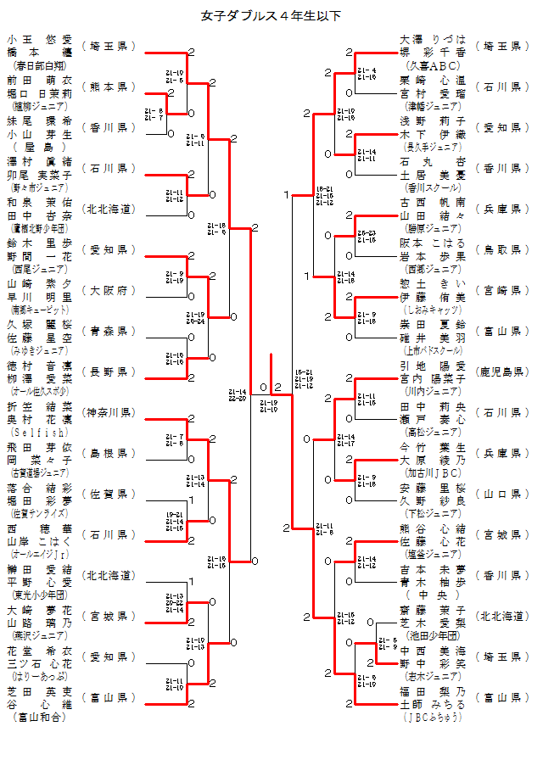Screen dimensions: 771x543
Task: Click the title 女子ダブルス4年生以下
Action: pos(271,15)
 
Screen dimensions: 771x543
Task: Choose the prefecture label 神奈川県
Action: pos(109,412)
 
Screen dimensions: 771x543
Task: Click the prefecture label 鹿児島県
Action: pos(501,372)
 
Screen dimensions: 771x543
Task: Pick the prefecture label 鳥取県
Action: pos(501,249)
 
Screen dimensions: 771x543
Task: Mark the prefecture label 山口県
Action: pos(501,494)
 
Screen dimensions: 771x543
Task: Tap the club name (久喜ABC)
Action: pos(433,64)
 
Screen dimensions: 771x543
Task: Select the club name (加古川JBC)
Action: pos(433,472)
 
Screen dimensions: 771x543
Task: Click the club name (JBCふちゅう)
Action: pos(433,716)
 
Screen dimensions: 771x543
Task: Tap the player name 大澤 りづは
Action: pos(433,39)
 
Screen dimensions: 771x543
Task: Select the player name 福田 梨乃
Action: pos(433,691)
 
